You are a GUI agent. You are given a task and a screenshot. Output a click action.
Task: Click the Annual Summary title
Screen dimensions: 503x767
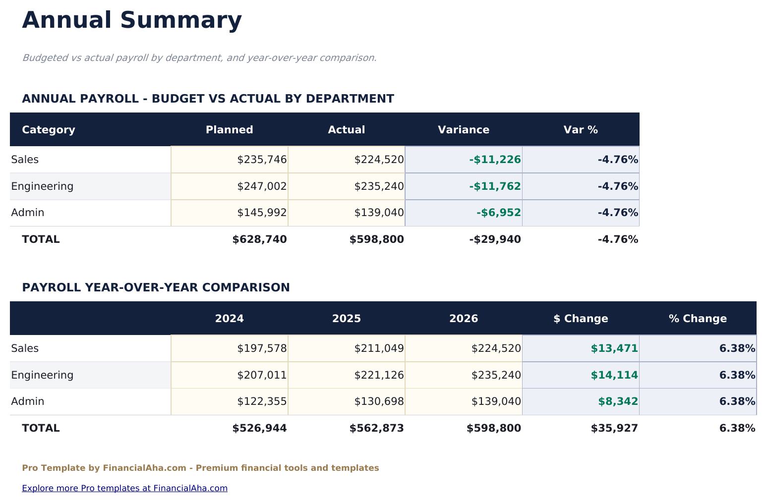coord(132,21)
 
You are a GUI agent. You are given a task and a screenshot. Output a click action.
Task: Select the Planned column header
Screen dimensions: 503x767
coord(229,130)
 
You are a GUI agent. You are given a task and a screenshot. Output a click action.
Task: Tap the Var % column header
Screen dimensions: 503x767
coord(580,130)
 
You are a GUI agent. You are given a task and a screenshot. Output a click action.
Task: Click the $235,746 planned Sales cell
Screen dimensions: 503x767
coord(262,160)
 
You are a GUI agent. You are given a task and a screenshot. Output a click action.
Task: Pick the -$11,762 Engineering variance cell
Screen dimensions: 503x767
coord(495,186)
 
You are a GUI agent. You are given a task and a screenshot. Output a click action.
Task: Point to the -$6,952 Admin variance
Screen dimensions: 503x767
coord(498,213)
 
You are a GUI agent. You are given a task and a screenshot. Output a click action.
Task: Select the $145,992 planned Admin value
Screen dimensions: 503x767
coord(262,213)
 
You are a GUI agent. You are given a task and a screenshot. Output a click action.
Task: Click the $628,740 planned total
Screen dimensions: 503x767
coord(259,240)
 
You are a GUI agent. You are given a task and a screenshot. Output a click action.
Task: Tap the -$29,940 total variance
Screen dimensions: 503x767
coord(495,240)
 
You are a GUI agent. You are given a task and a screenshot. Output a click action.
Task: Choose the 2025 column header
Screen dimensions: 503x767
coord(346,319)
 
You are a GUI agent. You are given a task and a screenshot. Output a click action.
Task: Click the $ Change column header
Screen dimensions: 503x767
coord(580,319)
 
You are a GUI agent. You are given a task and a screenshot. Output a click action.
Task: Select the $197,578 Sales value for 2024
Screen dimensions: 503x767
coord(262,348)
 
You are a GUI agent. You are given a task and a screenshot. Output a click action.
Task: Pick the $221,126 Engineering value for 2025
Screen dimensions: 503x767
coord(379,375)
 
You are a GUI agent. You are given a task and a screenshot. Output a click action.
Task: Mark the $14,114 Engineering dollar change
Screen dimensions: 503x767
coord(614,375)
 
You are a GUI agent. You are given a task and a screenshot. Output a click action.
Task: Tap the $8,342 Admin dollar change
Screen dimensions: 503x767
coord(618,402)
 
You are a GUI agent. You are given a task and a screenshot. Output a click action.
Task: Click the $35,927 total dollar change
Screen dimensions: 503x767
coord(614,429)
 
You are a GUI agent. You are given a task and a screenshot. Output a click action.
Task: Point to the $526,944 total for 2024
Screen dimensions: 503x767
coord(259,429)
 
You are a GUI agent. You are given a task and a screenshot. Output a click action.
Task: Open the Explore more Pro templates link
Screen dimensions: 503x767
coord(124,488)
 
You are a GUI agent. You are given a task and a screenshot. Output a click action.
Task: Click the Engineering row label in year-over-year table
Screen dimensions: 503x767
coord(42,375)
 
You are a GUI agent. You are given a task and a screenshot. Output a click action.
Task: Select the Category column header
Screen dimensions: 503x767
coord(49,130)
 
